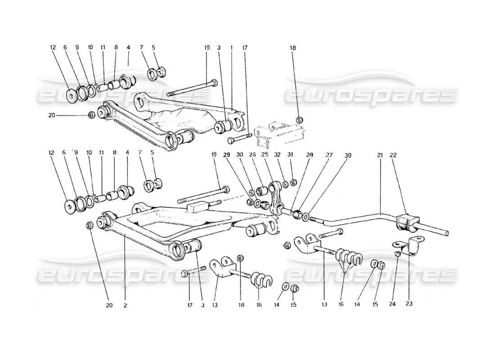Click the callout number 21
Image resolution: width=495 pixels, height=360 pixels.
tap(380, 155)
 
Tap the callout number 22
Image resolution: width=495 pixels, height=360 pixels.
tap(393, 155)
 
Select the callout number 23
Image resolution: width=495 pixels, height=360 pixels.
tap(409, 303)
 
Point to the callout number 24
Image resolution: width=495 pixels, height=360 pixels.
tap(396, 303)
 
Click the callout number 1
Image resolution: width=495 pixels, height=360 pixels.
tap(232, 47)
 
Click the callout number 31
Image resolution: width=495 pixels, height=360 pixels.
tap(291, 155)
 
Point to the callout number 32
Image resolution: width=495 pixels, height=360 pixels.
tap(278, 155)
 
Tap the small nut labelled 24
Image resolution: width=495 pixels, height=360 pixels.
tap(398, 254)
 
